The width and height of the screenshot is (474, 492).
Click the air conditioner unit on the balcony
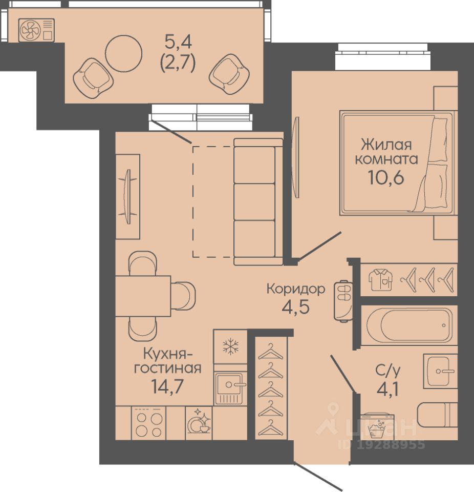point(36,30)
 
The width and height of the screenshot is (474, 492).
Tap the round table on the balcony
point(123,53)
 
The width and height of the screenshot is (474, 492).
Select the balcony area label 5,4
point(178,42)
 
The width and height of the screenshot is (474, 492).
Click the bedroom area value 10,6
point(386,178)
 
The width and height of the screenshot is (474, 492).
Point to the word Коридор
point(296,289)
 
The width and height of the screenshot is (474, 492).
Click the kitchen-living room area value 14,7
point(167,386)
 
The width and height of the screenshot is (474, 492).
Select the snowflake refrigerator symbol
point(230,346)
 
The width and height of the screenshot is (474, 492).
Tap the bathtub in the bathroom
point(410,325)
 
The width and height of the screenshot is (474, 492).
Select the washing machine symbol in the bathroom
point(377,426)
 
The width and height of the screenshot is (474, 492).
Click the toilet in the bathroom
point(437,415)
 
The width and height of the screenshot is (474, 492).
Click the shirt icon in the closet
point(380,280)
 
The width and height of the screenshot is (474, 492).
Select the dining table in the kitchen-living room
point(143,296)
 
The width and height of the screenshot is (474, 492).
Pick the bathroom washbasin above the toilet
point(440,371)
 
